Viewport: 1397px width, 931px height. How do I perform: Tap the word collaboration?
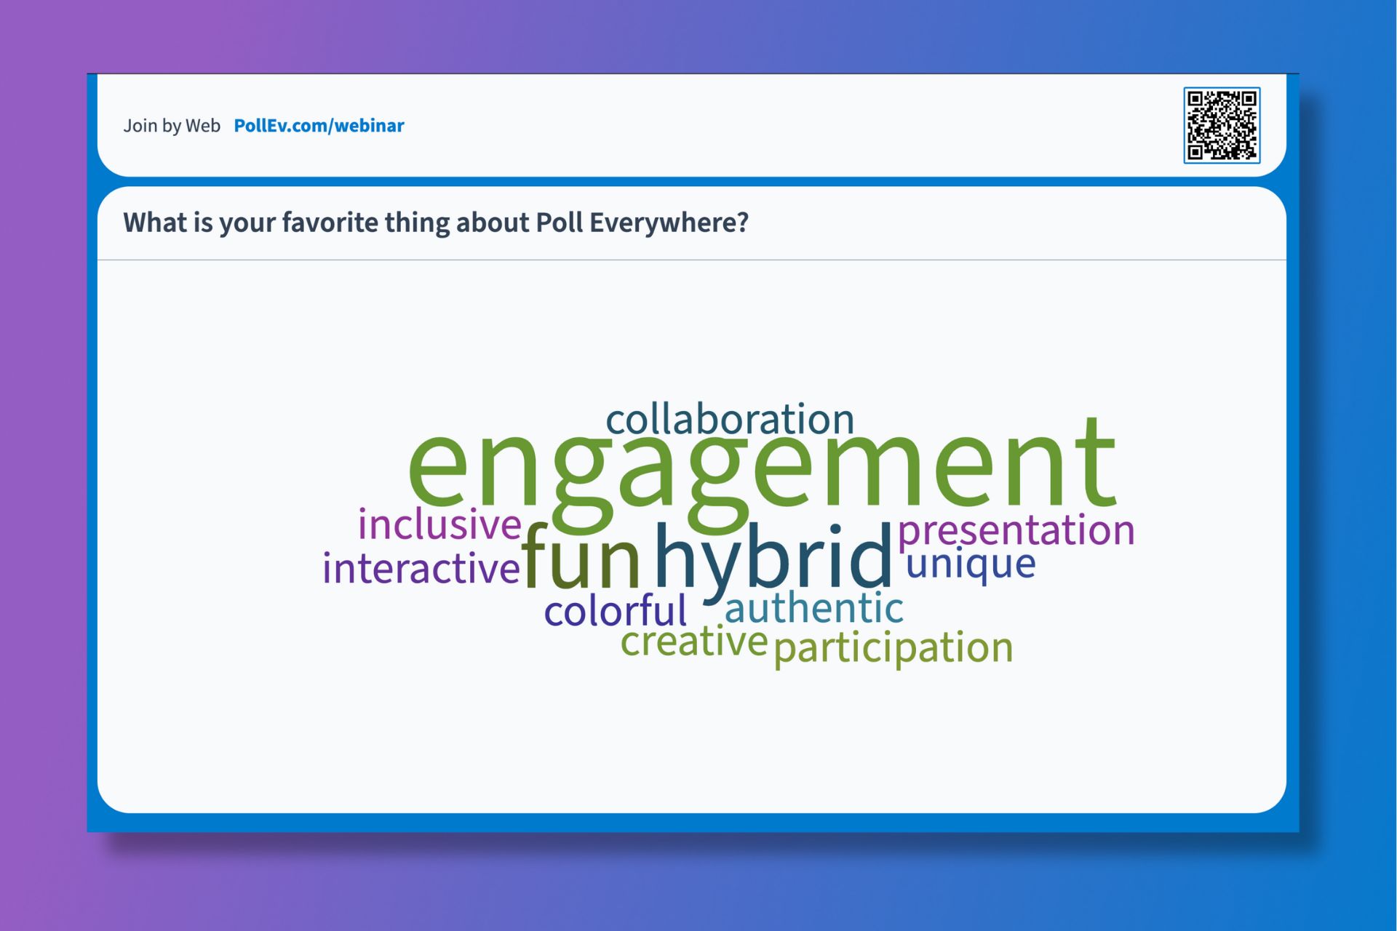pos(730,420)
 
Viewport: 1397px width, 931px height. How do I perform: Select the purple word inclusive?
pos(439,524)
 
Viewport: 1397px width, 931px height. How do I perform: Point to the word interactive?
pos(421,568)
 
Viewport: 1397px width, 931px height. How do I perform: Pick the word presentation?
pos(1016,530)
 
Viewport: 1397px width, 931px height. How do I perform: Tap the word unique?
pos(971,564)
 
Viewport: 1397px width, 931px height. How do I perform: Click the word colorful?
pos(616,611)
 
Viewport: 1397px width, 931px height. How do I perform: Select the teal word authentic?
pos(814,608)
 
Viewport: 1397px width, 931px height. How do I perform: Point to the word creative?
pos(693,642)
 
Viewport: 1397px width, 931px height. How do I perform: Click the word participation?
pos(893,647)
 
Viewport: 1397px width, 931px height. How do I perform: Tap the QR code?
pos(1222,125)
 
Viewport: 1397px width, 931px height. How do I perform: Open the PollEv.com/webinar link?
pos(319,126)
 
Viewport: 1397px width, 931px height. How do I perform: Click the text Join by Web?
pos(172,126)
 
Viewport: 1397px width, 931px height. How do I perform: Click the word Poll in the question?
pos(560,223)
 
